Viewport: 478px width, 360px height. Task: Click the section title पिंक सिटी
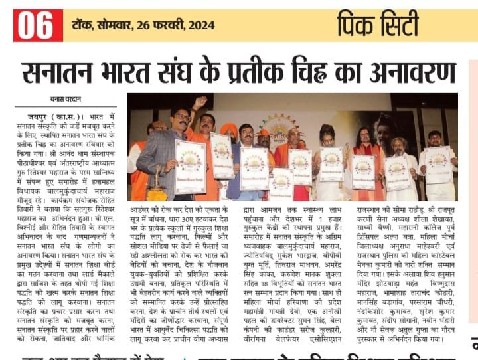378,25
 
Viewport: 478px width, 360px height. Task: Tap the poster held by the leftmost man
191,166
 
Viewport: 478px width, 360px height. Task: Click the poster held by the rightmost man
438,165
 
